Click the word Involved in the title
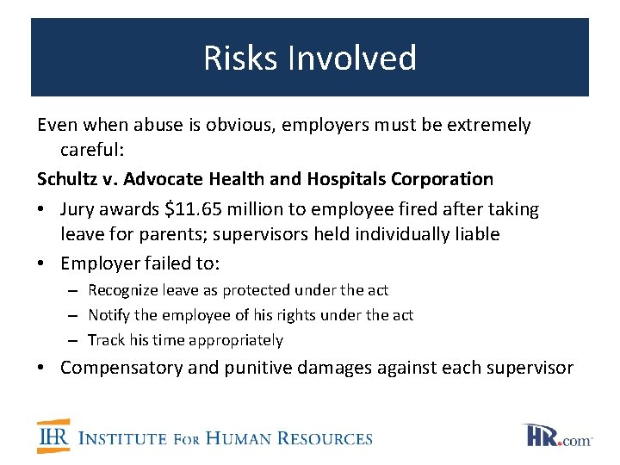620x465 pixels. click(352, 59)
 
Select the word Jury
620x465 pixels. click(78, 209)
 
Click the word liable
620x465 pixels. click(472, 234)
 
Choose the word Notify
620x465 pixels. click(109, 316)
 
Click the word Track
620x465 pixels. click(106, 341)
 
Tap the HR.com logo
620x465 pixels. click(557, 436)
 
